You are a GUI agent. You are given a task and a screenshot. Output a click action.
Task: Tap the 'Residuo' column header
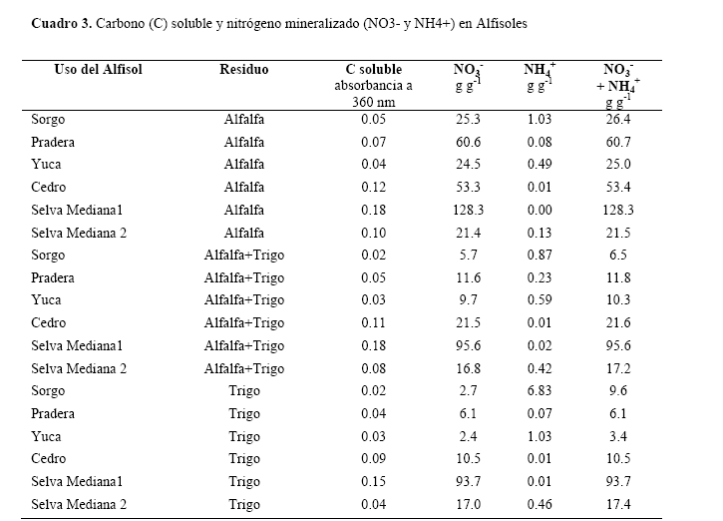pyautogui.click(x=244, y=70)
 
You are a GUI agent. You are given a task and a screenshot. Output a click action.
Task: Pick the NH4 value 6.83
pyautogui.click(x=539, y=391)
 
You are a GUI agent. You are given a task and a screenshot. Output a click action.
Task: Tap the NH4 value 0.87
pyautogui.click(x=539, y=256)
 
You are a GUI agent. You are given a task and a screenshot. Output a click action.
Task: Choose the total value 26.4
pyautogui.click(x=618, y=119)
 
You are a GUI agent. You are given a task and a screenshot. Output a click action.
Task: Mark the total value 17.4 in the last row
pyautogui.click(x=618, y=505)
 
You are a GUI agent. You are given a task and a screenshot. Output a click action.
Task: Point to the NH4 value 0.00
pyautogui.click(x=539, y=210)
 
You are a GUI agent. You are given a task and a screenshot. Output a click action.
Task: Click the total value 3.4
pyautogui.click(x=618, y=436)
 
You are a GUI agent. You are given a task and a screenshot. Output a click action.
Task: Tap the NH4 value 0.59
pyautogui.click(x=539, y=300)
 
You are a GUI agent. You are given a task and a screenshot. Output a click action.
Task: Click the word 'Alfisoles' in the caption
pyautogui.click(x=501, y=21)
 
